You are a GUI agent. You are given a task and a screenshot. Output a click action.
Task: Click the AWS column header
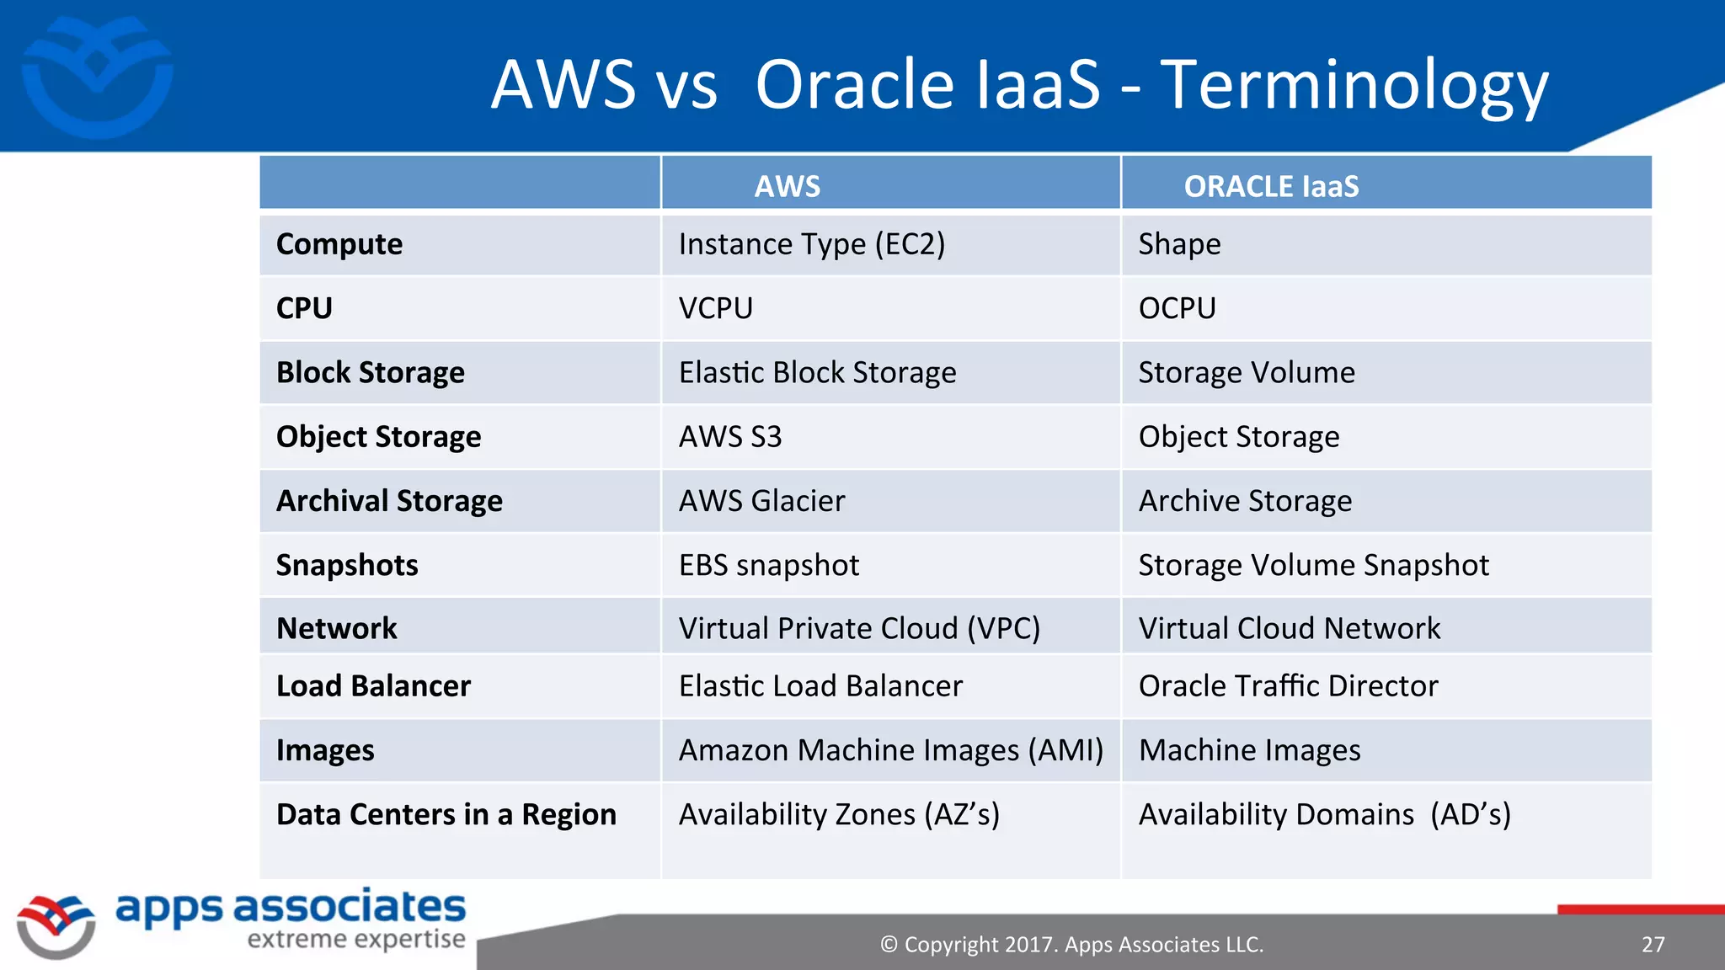click(x=787, y=186)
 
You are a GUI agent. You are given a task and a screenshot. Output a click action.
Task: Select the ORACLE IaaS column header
click(x=1270, y=186)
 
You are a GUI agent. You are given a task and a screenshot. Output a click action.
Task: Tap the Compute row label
click(x=339, y=244)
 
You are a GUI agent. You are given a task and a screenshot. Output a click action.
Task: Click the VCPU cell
click(x=716, y=308)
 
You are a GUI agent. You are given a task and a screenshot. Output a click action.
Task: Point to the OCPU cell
click(x=1177, y=308)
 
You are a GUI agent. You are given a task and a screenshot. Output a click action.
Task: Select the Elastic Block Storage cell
click(x=817, y=372)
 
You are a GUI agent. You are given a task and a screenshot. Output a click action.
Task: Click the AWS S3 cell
click(x=730, y=436)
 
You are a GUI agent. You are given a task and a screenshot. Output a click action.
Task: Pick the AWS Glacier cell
click(x=761, y=501)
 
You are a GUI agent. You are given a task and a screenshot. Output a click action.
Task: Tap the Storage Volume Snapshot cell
click(x=1313, y=565)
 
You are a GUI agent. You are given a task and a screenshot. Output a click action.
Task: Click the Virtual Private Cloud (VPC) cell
click(x=859, y=628)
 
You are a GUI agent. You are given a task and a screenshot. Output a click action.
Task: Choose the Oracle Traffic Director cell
click(x=1288, y=685)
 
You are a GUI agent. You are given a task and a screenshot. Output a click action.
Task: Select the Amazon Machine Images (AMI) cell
click(x=890, y=750)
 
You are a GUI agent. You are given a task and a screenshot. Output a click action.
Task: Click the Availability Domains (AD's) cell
click(x=1324, y=814)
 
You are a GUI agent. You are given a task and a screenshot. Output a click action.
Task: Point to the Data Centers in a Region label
click(x=446, y=814)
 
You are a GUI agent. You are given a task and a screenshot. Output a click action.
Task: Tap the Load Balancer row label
click(x=373, y=685)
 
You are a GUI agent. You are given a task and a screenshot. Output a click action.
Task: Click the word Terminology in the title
click(x=1354, y=86)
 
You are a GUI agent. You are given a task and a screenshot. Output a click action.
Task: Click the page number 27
click(x=1653, y=945)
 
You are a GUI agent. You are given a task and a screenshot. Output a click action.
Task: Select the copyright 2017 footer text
click(x=1071, y=945)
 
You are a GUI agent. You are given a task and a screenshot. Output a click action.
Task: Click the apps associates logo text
click(x=291, y=908)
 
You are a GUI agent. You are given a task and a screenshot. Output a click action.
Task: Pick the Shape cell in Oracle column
click(x=1179, y=244)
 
